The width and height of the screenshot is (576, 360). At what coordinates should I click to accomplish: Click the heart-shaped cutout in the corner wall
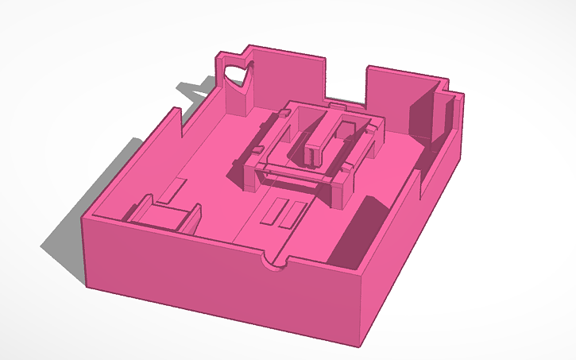click(x=237, y=75)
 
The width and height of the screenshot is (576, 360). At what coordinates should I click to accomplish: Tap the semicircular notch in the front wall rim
click(x=274, y=265)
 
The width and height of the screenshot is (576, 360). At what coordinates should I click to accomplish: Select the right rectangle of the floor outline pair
click(x=295, y=214)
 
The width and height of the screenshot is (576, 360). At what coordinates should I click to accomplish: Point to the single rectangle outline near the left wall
click(x=174, y=189)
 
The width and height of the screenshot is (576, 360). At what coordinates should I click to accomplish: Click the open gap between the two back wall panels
click(x=346, y=79)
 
